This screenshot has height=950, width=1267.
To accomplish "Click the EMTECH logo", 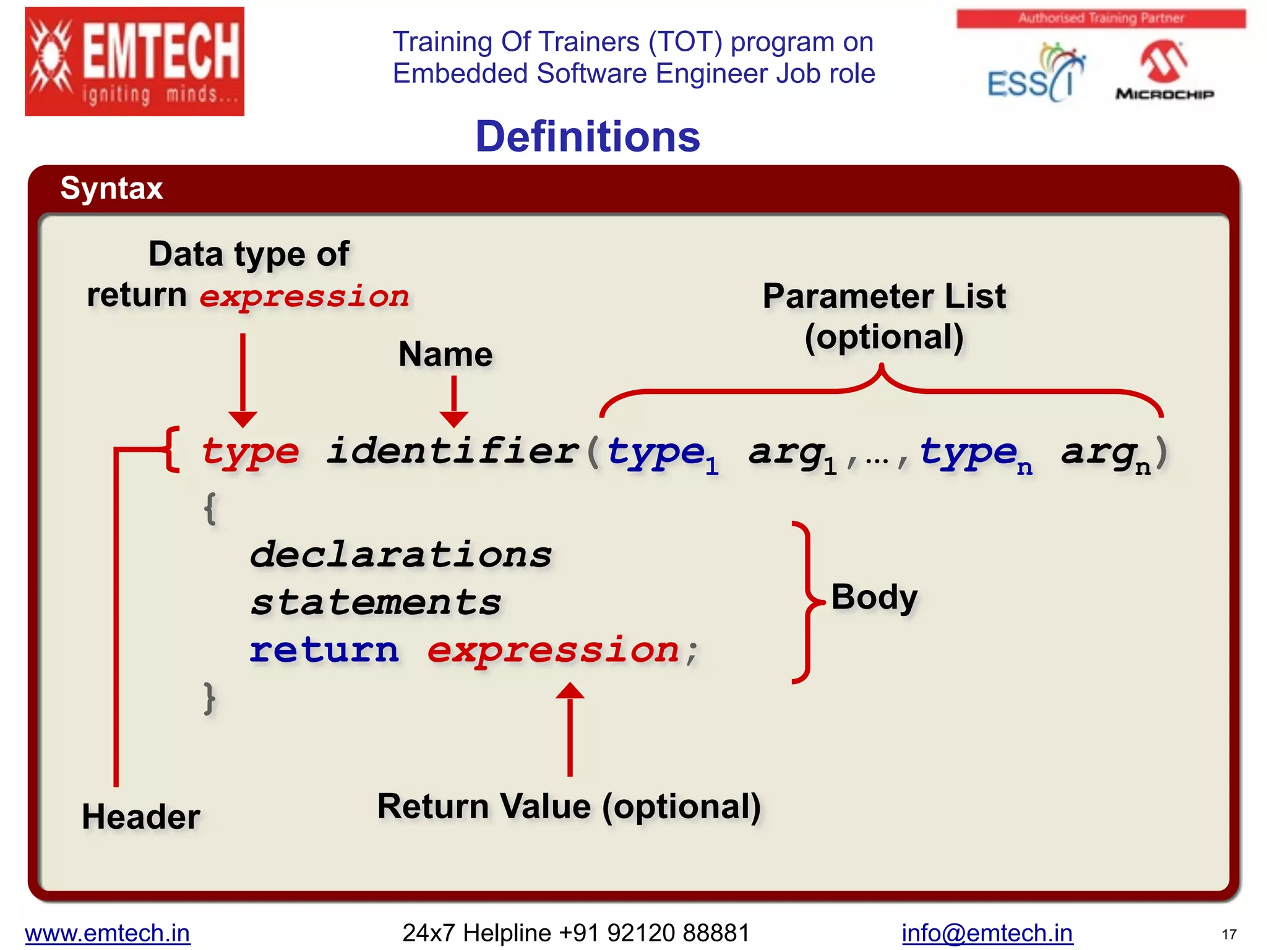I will click(x=134, y=61).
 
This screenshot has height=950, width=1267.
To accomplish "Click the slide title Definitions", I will click(x=587, y=137).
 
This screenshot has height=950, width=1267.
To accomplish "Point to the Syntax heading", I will click(x=111, y=188).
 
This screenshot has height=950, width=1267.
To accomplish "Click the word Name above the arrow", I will click(x=445, y=354).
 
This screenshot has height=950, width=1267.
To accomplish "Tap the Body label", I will click(x=874, y=597).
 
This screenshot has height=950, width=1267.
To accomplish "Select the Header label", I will click(x=141, y=816).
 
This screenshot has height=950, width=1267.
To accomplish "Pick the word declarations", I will click(x=401, y=554).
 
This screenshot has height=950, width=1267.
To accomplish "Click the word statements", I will click(x=376, y=602).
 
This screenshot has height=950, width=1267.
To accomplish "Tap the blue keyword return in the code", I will click(x=324, y=651).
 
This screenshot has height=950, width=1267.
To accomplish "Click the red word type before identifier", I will click(x=250, y=451).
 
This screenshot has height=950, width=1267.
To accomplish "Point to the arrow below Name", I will click(x=453, y=402).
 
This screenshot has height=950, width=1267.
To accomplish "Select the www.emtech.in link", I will click(x=108, y=933).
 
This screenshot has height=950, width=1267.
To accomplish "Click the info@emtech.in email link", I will click(x=987, y=933).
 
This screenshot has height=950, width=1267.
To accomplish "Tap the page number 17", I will click(x=1229, y=935).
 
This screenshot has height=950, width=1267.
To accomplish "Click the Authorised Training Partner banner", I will click(x=1101, y=19).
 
